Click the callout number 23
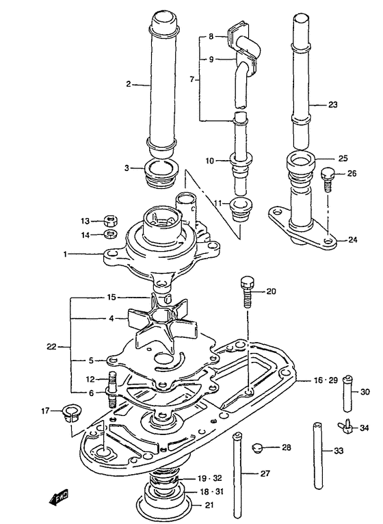coord(332,105)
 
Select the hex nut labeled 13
coord(110,220)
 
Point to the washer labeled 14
coord(110,233)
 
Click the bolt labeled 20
coord(246,292)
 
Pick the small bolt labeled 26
coord(328,179)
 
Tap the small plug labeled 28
coord(256,447)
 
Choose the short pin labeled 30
coord(348,393)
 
